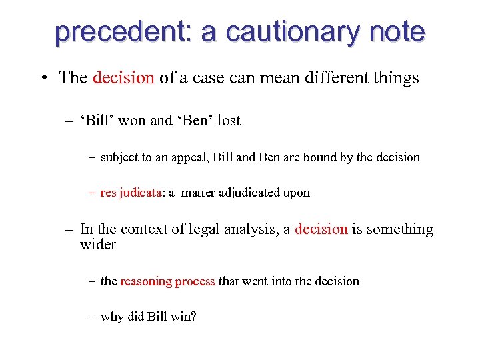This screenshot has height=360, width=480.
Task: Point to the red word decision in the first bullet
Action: [x=123, y=78]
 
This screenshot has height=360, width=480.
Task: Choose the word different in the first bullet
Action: [x=331, y=78]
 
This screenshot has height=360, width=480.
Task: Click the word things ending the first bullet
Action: [x=396, y=78]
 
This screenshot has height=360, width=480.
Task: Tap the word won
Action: [x=136, y=121]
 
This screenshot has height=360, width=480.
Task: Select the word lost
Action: [x=229, y=121]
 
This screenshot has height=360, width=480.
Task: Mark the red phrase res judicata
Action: [x=131, y=193]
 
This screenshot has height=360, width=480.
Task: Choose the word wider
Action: [x=98, y=245]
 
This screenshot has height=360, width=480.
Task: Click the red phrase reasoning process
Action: [x=167, y=281]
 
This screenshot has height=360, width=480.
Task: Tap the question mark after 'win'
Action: [x=193, y=317]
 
